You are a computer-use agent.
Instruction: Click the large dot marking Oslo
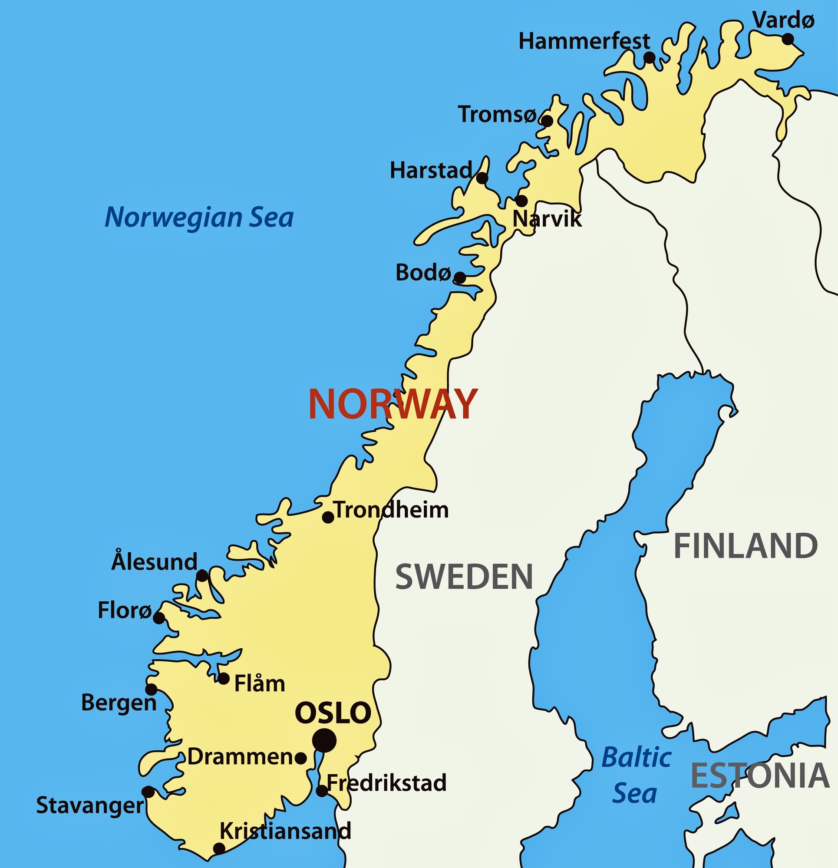pyautogui.click(x=324, y=740)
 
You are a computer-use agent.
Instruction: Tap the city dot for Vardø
pyautogui.click(x=788, y=39)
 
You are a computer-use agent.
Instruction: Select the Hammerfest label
pyautogui.click(x=584, y=42)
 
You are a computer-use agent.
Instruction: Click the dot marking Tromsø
pyautogui.click(x=548, y=121)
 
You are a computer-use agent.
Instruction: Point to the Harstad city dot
pyautogui.click(x=482, y=178)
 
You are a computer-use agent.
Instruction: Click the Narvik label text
pyautogui.click(x=547, y=219)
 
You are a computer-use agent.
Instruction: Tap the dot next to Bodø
pyautogui.click(x=460, y=277)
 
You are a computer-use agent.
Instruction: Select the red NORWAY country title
pyautogui.click(x=393, y=404)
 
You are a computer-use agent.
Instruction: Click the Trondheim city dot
pyautogui.click(x=328, y=517)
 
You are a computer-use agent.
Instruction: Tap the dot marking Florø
pyautogui.click(x=158, y=618)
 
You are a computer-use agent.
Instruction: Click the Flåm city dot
pyautogui.click(x=224, y=678)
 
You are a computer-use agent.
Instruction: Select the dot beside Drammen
pyautogui.click(x=300, y=758)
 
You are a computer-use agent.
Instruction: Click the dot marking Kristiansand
pyautogui.click(x=219, y=848)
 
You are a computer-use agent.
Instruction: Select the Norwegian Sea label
pyautogui.click(x=199, y=218)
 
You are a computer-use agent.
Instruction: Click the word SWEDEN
pyautogui.click(x=464, y=577)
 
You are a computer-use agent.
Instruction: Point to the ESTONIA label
pyautogui.click(x=759, y=776)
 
